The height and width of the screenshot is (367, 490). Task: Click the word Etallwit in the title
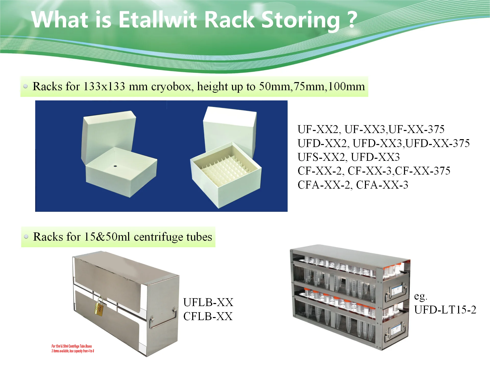(x=157, y=20)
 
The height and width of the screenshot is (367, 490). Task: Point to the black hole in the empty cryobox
(x=115, y=166)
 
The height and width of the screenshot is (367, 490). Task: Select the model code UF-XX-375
(x=416, y=129)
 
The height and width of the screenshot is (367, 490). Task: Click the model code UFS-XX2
(x=321, y=157)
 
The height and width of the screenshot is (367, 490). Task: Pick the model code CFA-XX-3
(x=382, y=185)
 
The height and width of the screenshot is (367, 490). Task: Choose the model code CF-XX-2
(x=320, y=171)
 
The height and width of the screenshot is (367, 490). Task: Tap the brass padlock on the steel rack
(x=99, y=308)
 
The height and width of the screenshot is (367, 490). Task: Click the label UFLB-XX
(x=208, y=303)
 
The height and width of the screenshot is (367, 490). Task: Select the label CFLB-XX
(x=208, y=317)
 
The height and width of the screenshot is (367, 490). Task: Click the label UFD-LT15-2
(x=445, y=310)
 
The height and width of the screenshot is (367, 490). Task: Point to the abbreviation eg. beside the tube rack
(x=420, y=296)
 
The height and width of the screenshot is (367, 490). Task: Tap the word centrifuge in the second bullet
(x=158, y=237)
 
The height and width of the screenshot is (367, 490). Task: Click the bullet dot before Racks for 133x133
(x=26, y=86)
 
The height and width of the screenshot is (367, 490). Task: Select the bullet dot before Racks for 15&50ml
(x=26, y=237)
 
